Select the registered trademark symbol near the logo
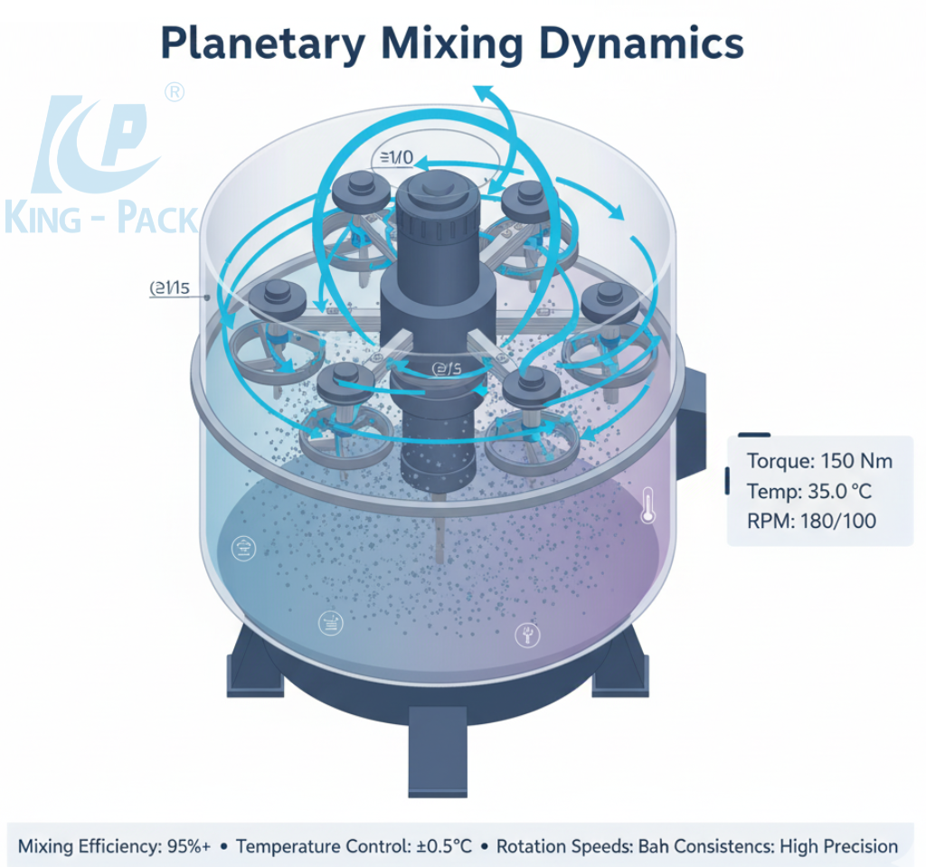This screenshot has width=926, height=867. pos(175,92)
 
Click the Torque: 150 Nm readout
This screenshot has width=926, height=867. pos(819,461)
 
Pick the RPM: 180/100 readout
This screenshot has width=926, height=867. pos(811,522)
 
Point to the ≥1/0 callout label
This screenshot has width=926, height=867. pos(393,159)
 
